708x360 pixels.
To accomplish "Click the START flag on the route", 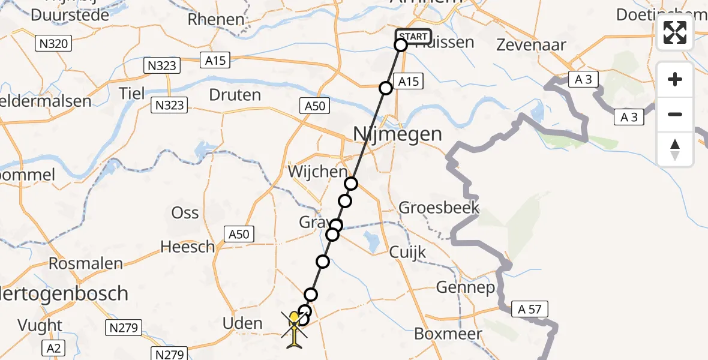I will pyautogui.click(x=413, y=36).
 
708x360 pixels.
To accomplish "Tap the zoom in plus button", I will pyautogui.click(x=675, y=79).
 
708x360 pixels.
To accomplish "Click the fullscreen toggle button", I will pyautogui.click(x=675, y=32).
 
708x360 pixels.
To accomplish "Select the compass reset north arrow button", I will pyautogui.click(x=675, y=149).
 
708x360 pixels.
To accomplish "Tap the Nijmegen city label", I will pyautogui.click(x=397, y=133).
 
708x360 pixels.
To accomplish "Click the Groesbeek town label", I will pyautogui.click(x=439, y=208).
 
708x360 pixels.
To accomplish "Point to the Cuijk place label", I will pyautogui.click(x=408, y=252).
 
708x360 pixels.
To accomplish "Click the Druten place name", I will pyautogui.click(x=235, y=95).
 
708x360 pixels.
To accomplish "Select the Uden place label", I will pyautogui.click(x=242, y=323).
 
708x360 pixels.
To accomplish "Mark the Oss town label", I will pyautogui.click(x=185, y=212).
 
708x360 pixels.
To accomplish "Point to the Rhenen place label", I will pyautogui.click(x=216, y=19).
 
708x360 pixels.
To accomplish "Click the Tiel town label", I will pyautogui.click(x=133, y=94).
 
